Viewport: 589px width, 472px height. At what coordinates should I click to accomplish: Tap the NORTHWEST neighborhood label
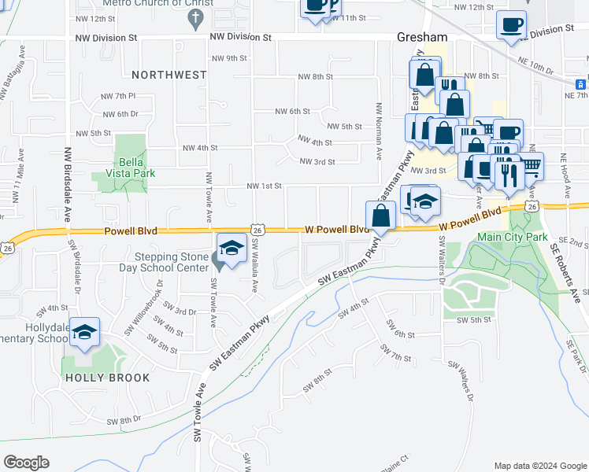click(x=169, y=75)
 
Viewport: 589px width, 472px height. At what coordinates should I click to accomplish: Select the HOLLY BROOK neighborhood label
click(x=108, y=378)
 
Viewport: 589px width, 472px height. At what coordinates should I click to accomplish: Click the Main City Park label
click(x=513, y=236)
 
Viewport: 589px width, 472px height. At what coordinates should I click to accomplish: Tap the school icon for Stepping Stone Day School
click(x=231, y=249)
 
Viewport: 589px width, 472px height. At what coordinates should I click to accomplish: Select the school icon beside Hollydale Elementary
click(x=84, y=333)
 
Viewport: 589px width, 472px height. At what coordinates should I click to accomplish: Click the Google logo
click(x=27, y=462)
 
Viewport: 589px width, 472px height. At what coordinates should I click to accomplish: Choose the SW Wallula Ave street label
click(x=256, y=264)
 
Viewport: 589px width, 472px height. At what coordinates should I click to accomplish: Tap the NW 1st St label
click(x=264, y=186)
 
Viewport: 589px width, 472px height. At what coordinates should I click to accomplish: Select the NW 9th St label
click(x=230, y=58)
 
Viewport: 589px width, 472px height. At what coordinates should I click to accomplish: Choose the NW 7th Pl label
click(x=119, y=96)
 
